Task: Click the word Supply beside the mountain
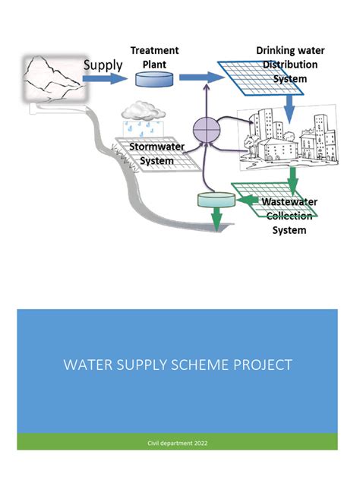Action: tap(102, 65)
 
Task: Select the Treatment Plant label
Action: tap(154, 57)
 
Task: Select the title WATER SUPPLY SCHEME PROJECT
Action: tap(177, 365)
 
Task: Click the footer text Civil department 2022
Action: tap(177, 441)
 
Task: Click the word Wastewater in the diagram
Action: tap(289, 202)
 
